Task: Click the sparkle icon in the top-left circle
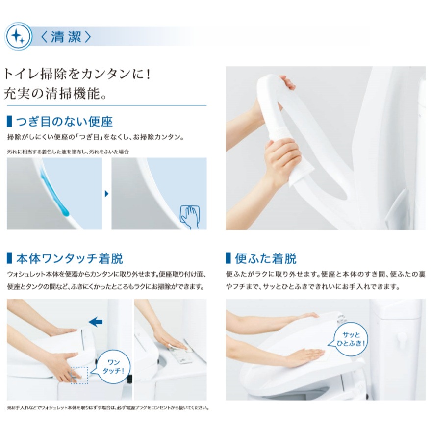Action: pos(19,36)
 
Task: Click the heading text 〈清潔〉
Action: pos(66,37)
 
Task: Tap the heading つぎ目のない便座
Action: pos(64,122)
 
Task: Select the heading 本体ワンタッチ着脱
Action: pos(70,258)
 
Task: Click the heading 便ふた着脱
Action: pos(266,258)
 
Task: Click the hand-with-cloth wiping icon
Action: pos(189,217)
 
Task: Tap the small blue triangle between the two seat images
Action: pos(107,194)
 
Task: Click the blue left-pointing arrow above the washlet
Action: pos(96,321)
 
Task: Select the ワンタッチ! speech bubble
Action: pos(113,367)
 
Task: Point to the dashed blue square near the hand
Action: pos(79,375)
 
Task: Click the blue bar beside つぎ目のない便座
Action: pos(9,122)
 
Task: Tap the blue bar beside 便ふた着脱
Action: pos(228,258)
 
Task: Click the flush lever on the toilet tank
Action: pos(402,339)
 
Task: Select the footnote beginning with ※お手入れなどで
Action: pos(108,408)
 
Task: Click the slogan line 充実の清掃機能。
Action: pos(55,94)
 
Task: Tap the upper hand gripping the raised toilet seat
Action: pos(286,83)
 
